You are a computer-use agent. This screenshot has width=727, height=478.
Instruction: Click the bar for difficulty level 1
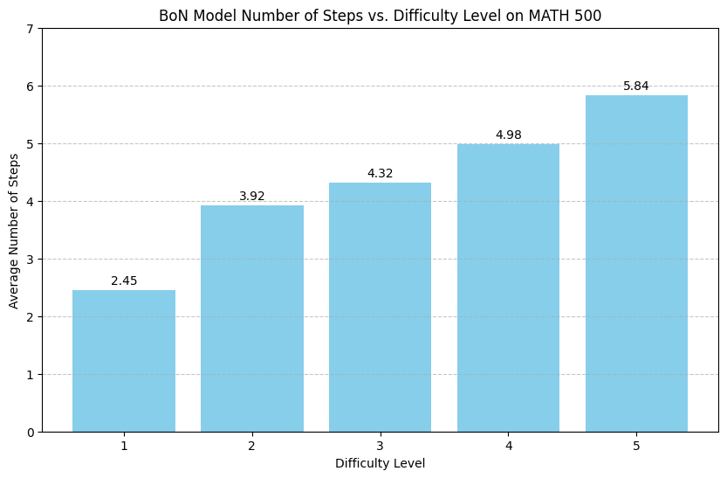click(124, 361)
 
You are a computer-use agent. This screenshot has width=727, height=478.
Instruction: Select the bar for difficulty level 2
click(252, 318)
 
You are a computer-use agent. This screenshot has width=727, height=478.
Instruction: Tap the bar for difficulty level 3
click(380, 307)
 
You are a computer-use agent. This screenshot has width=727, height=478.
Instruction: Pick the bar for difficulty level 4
click(508, 287)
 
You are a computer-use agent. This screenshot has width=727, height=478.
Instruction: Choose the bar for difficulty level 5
click(636, 263)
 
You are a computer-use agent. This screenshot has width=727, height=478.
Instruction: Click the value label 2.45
click(124, 281)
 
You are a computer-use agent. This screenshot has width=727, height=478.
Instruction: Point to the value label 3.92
click(252, 197)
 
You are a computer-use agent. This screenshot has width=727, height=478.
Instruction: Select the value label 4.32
click(380, 174)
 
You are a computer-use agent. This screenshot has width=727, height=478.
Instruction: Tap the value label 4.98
click(508, 135)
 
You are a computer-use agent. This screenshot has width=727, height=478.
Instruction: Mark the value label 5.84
click(636, 86)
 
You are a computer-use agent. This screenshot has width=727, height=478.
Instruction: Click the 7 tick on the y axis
click(30, 29)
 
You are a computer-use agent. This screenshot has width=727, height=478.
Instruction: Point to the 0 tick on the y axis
click(30, 432)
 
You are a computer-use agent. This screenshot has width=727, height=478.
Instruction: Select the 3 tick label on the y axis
click(30, 260)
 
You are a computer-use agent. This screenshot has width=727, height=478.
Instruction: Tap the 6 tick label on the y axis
click(30, 87)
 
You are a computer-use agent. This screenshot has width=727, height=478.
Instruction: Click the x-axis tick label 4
click(508, 446)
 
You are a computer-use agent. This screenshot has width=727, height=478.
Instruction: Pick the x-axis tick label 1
click(124, 446)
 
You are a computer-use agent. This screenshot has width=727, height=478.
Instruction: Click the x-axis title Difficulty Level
click(380, 464)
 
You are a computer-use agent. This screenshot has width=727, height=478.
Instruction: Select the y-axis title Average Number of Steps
click(14, 230)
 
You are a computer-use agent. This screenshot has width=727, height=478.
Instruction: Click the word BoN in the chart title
click(173, 15)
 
